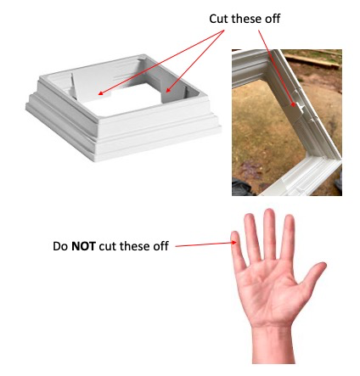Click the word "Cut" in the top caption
pyautogui.click(x=219, y=19)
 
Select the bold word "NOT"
pyautogui.click(x=83, y=246)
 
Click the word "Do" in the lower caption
pyautogui.click(x=60, y=246)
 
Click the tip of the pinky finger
pyautogui.click(x=235, y=233)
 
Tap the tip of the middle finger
pyautogui.click(x=269, y=210)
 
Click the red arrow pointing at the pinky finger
pyautogui.click(x=205, y=244)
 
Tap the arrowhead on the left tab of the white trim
pyautogui.click(x=101, y=93)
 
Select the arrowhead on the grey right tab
pyautogui.click(x=168, y=90)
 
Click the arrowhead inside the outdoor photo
pyautogui.click(x=295, y=104)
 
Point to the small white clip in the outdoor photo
pyautogui.click(x=300, y=107)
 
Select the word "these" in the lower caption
pyautogui.click(x=132, y=246)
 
